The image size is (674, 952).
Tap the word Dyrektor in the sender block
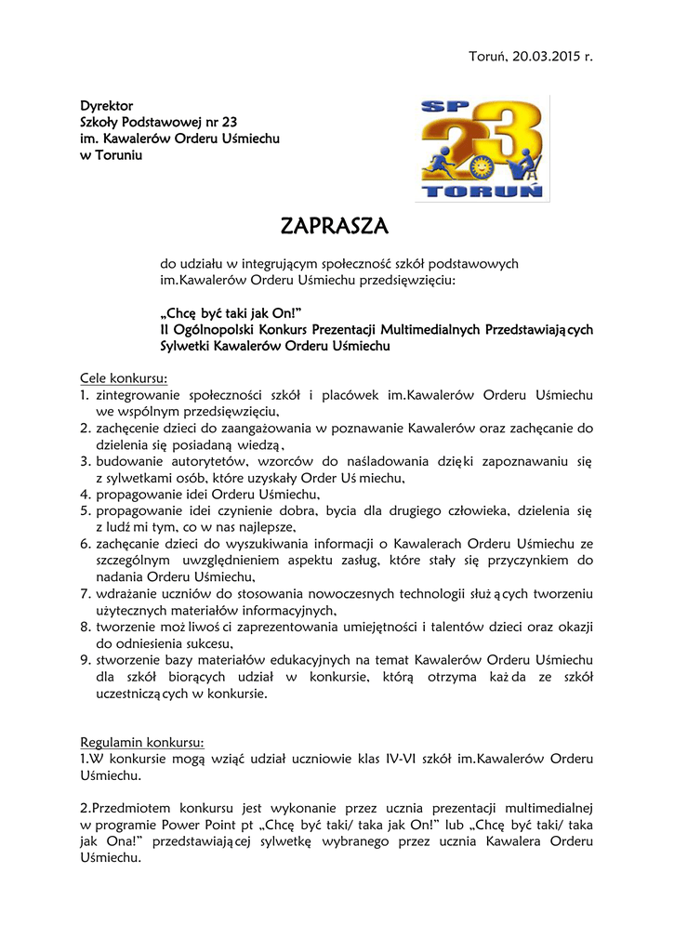click(x=106, y=106)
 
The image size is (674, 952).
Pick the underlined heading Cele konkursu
click(x=124, y=379)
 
